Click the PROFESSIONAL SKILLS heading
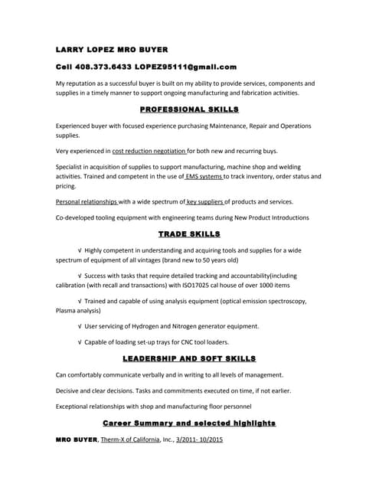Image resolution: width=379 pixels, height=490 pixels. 189,109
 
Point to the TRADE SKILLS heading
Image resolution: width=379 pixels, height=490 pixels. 189,234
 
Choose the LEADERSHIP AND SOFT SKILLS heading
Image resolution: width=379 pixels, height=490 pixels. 189,358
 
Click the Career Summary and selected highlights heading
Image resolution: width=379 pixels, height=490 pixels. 189,423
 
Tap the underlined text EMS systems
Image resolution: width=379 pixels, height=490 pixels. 203,176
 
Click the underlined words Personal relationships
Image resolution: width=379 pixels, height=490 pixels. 87,202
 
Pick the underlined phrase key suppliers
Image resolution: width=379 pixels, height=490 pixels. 204,202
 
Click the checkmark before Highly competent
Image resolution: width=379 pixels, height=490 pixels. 80,250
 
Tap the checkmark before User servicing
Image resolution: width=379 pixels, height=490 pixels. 80,326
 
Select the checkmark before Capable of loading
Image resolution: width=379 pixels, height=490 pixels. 80,341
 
